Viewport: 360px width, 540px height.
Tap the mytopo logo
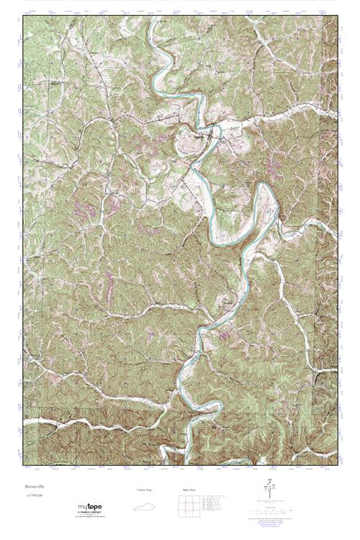point(91,508)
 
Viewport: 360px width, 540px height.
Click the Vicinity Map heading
point(144,490)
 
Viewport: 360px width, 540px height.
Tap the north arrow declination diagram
point(269,487)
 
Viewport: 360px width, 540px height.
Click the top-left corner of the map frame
point(23,17)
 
